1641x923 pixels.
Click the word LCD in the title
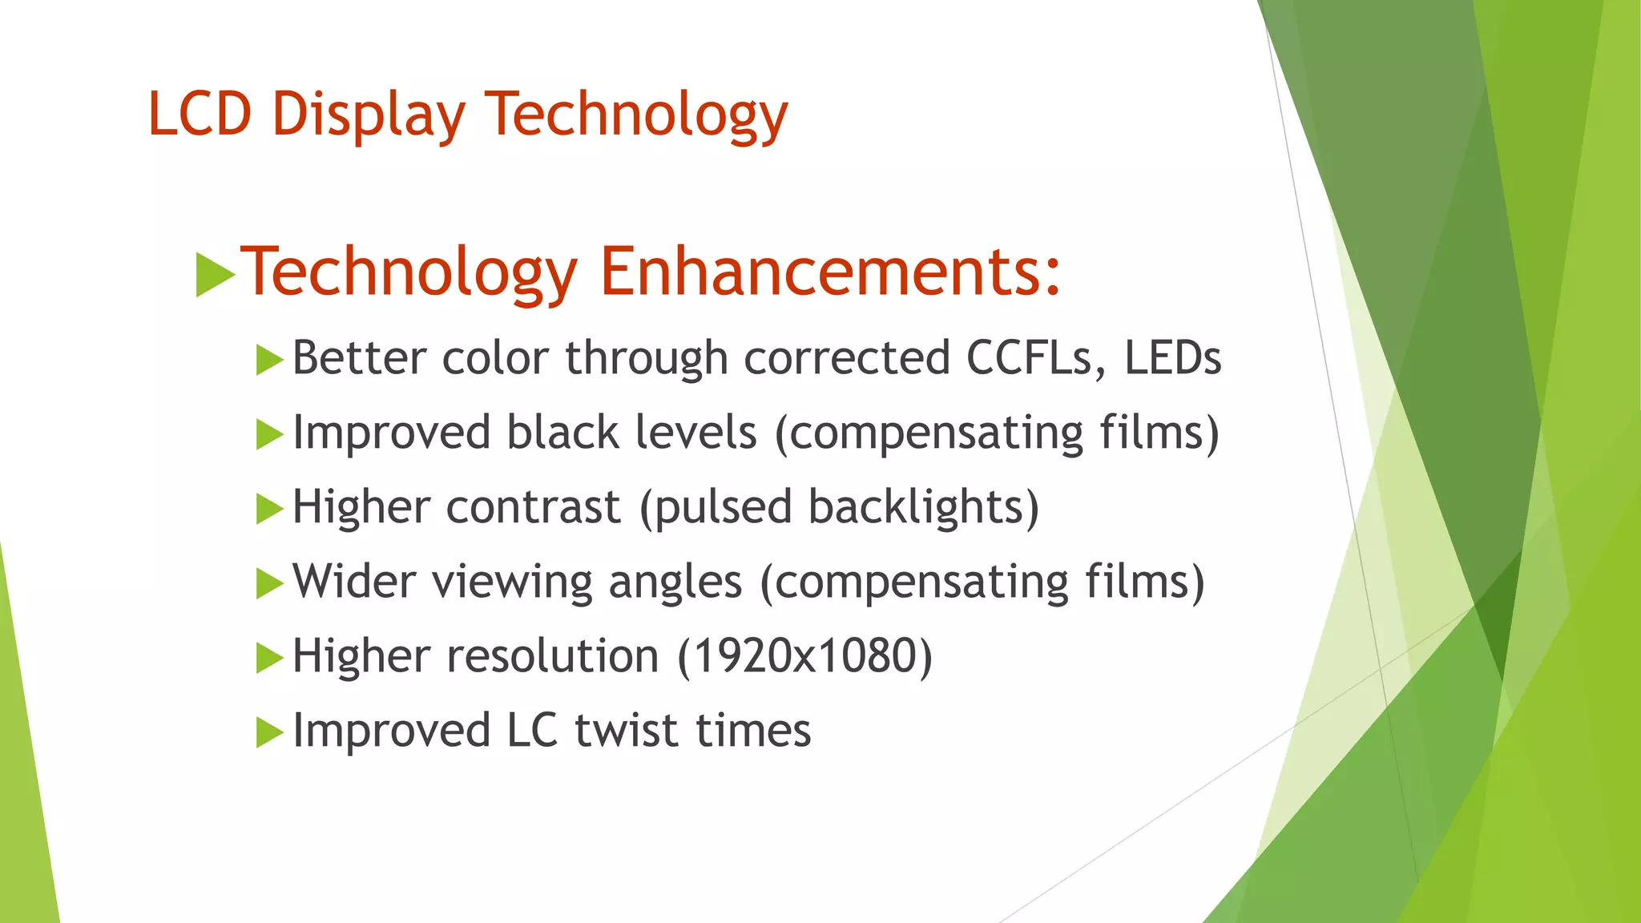(200, 114)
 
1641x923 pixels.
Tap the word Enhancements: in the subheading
(830, 272)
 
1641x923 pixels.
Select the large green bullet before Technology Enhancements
(214, 275)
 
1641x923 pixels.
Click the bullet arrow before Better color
(269, 360)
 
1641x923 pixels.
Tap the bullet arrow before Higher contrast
(269, 509)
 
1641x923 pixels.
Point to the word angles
(675, 582)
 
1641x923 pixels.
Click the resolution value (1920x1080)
(804, 656)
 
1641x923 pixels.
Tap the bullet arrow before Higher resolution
(269, 658)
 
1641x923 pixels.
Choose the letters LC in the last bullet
(531, 731)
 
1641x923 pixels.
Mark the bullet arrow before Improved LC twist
(269, 732)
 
